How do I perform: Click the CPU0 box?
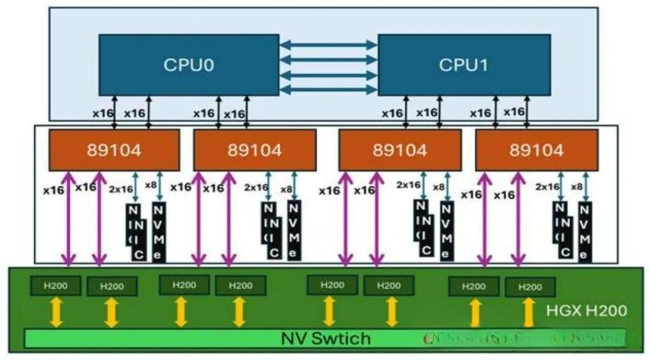coord(188,64)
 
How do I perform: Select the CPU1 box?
coord(464,64)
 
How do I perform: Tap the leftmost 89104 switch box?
coord(114,150)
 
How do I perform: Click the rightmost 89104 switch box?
coord(537,150)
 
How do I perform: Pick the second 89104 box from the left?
coord(255,150)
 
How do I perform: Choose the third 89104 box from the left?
coord(399,150)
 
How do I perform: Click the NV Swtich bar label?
coord(325,338)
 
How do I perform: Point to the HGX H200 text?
coord(586,311)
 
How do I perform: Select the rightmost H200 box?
coord(530,287)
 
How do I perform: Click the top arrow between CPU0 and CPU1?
coord(328,45)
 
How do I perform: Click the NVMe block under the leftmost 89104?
coord(158,231)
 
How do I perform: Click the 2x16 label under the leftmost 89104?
coord(121,189)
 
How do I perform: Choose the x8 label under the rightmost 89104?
coord(577,186)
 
